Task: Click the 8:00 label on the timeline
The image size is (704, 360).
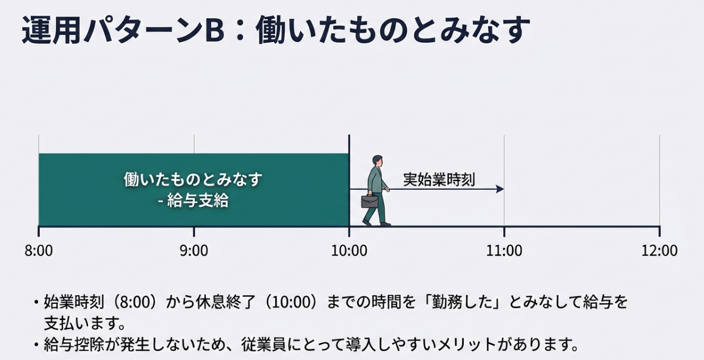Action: pyautogui.click(x=39, y=251)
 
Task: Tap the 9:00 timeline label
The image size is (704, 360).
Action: pyautogui.click(x=194, y=251)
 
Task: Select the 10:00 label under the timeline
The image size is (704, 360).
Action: pyautogui.click(x=349, y=251)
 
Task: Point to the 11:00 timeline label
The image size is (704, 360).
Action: pyautogui.click(x=504, y=251)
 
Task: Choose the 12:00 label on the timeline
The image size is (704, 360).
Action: pyautogui.click(x=659, y=251)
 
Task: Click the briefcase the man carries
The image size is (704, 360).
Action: pyautogui.click(x=370, y=201)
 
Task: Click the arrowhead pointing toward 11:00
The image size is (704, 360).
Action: pyautogui.click(x=500, y=189)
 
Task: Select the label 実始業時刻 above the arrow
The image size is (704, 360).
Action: pyautogui.click(x=439, y=179)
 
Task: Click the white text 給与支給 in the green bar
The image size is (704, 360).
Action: pyautogui.click(x=198, y=200)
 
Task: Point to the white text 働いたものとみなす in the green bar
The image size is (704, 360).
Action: pyautogui.click(x=193, y=179)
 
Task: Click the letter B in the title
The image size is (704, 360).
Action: pyautogui.click(x=215, y=31)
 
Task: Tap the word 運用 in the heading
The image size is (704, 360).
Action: pyautogui.click(x=52, y=31)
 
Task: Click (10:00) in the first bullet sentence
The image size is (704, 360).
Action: pyautogui.click(x=291, y=302)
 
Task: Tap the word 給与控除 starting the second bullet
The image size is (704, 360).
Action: pyautogui.click(x=74, y=345)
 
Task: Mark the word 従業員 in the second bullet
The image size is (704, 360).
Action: pyautogui.click(x=263, y=345)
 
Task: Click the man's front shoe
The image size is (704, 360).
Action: pyautogui.click(x=385, y=224)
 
